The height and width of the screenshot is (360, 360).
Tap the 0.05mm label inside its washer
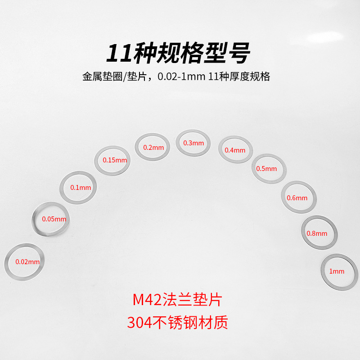click(54, 219)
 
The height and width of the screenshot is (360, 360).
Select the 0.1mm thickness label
click(81, 188)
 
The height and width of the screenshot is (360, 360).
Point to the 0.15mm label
click(115, 160)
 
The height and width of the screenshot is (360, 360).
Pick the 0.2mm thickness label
click(153, 147)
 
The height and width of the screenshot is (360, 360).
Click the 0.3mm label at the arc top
click(193, 143)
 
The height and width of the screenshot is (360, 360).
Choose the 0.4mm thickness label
click(235, 150)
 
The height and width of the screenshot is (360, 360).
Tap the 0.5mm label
click(266, 169)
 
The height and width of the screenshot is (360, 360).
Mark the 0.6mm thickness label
click(297, 198)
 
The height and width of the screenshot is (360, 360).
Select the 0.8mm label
click(317, 234)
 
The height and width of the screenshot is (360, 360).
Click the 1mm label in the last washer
click(337, 271)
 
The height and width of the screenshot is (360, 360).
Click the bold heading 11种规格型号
click(178, 53)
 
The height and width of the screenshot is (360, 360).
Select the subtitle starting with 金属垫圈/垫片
click(176, 76)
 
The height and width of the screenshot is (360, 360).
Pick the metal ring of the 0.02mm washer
click(6, 261)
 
